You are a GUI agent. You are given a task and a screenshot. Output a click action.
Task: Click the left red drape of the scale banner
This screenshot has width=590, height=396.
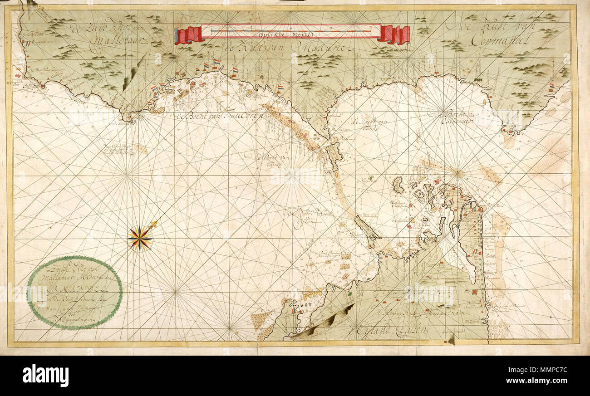point(189,35)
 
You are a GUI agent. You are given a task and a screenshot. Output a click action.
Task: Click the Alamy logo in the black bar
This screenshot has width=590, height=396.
point(45,376)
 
